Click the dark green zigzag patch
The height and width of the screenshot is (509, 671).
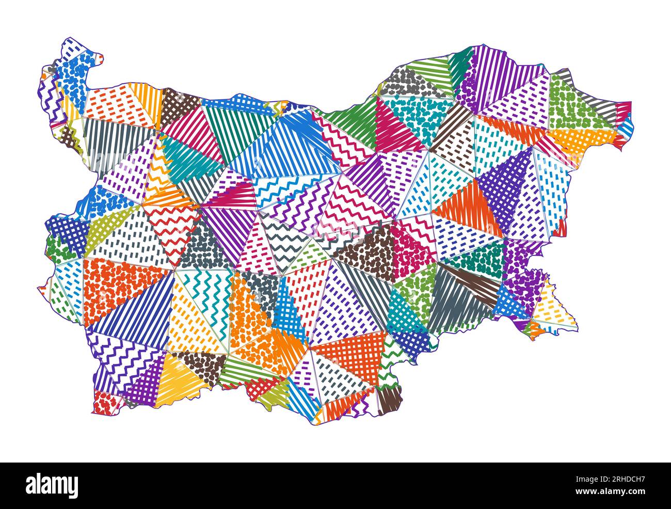click(x=392, y=356)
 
